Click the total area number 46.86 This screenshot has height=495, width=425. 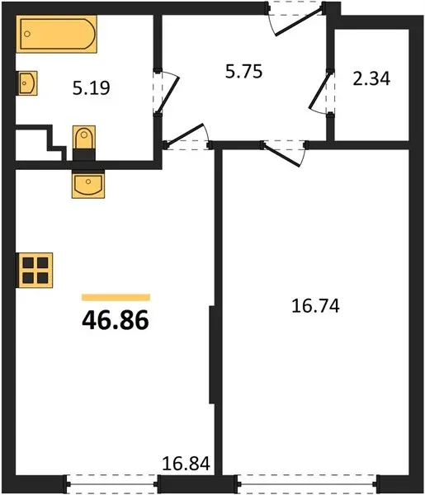click(x=116, y=320)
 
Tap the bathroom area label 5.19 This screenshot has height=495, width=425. click(x=92, y=88)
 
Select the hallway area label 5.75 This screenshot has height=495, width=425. click(x=243, y=71)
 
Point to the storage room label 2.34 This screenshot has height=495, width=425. click(x=371, y=78)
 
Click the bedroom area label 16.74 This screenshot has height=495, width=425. click(x=315, y=306)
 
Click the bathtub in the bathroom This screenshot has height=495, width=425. click(x=56, y=34)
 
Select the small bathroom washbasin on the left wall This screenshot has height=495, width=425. click(x=27, y=83)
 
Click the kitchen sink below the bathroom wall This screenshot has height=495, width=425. click(x=88, y=184)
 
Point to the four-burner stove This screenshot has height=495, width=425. click(x=35, y=271)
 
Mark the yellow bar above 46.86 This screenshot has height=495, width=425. click(x=116, y=297)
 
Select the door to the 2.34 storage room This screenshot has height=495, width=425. click(x=320, y=92)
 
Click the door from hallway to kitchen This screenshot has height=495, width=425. click(x=187, y=137)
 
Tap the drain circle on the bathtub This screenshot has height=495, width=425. click(x=27, y=34)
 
